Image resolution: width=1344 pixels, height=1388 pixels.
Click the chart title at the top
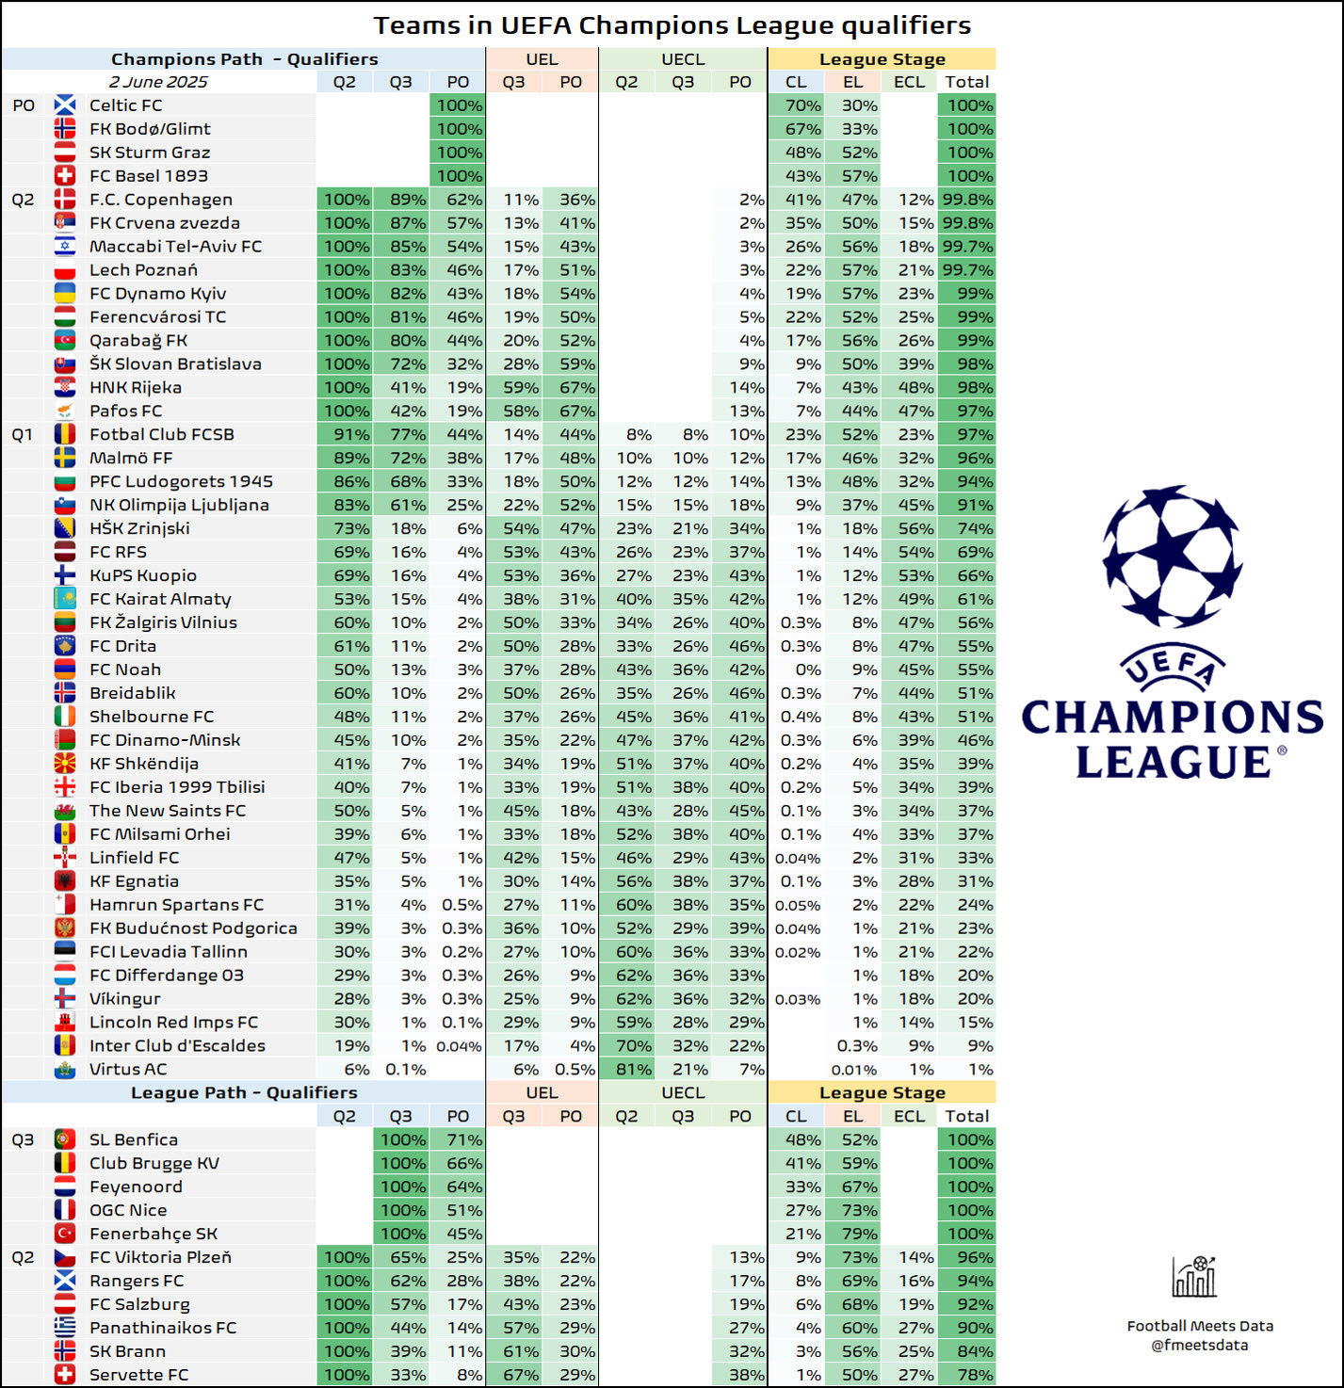point(672,25)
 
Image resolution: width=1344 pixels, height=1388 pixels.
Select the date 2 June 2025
point(158,82)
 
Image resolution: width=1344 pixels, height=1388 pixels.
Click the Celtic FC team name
point(125,105)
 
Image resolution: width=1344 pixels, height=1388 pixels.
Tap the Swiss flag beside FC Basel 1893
point(65,176)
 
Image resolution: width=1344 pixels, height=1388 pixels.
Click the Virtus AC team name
point(127,1069)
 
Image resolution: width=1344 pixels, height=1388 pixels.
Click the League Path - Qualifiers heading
point(244,1092)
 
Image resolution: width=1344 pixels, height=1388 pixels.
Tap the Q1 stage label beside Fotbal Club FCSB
point(23,434)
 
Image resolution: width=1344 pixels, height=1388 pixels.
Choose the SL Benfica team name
point(133,1139)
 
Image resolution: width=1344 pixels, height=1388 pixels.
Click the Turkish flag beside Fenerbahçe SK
point(65,1234)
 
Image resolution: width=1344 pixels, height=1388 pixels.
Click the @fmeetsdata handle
point(1199,1345)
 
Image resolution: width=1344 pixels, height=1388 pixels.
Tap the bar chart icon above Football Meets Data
point(1194,1277)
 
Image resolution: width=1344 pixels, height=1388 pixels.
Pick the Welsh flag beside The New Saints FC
point(65,811)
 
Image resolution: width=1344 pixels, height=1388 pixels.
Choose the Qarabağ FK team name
point(138,341)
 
